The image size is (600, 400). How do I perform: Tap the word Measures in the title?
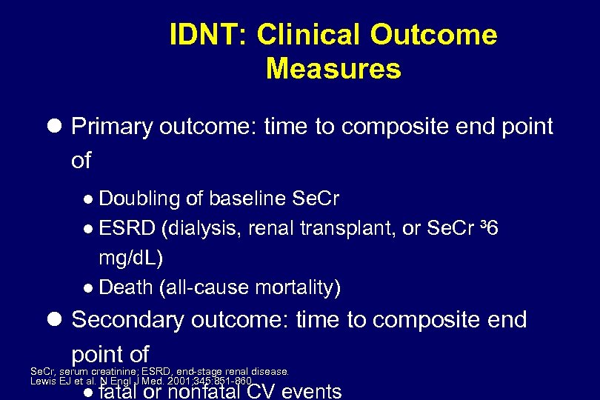[x=333, y=69]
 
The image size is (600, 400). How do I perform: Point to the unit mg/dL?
[x=130, y=258]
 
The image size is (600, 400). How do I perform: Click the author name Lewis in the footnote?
[x=41, y=381]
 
